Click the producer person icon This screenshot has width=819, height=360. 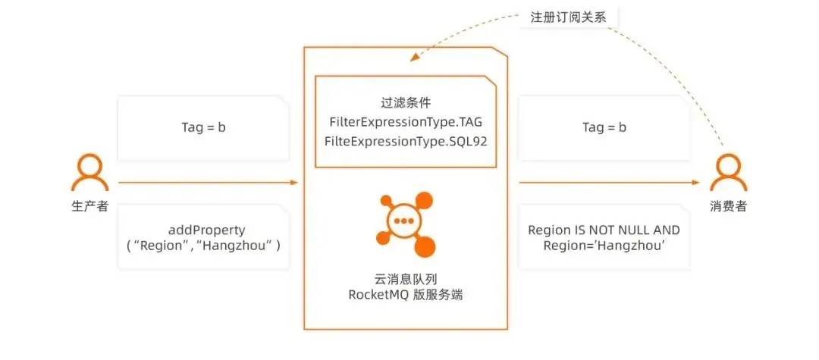tap(88, 172)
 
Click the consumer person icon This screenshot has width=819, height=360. tap(727, 172)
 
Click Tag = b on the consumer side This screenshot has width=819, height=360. tap(604, 127)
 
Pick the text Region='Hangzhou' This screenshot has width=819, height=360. tap(604, 246)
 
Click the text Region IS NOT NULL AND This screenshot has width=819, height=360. tap(604, 230)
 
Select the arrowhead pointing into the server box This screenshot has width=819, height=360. tap(293, 183)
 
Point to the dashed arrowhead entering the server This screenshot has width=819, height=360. tap(413, 55)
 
